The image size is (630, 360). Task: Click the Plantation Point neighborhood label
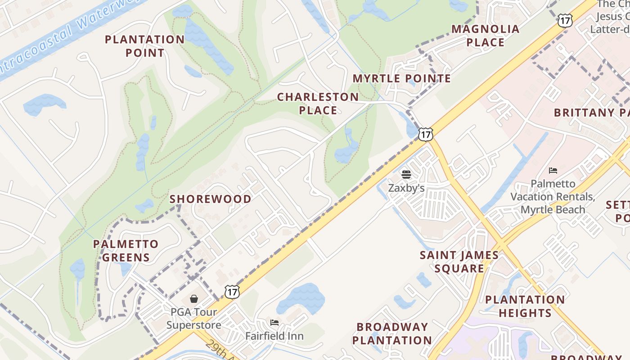click(x=144, y=46)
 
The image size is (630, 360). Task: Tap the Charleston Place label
click(x=318, y=103)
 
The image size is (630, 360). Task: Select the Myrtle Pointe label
click(x=401, y=79)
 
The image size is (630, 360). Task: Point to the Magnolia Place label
click(x=485, y=36)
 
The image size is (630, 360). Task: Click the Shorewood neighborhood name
click(x=210, y=199)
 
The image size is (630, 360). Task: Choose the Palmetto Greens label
click(x=126, y=251)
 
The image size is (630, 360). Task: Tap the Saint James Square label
click(x=459, y=261)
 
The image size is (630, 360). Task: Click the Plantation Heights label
click(x=525, y=306)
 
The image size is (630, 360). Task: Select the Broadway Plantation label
click(x=392, y=333)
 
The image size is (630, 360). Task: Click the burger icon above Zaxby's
click(x=406, y=174)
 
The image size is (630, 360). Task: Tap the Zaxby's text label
click(x=406, y=188)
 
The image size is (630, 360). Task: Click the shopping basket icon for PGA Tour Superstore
click(x=194, y=298)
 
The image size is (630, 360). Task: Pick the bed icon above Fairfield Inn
click(x=274, y=322)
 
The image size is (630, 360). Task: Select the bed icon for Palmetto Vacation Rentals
click(x=553, y=170)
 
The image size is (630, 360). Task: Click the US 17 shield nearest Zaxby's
click(x=425, y=134)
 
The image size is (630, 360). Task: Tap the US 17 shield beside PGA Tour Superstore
click(x=232, y=292)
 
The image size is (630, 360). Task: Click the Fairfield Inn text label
click(x=274, y=336)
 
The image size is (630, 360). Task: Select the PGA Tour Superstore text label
click(x=193, y=318)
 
